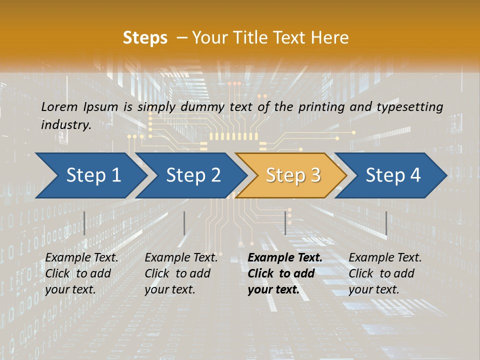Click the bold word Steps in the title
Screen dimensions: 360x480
pos(145,38)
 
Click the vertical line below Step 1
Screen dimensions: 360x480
pos(84,223)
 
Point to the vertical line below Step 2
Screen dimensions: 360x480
pos(184,223)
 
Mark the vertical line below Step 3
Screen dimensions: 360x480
pos(285,223)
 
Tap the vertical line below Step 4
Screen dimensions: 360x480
pos(386,223)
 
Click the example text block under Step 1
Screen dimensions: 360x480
pos(81,273)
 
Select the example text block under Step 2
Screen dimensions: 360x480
pos(181,273)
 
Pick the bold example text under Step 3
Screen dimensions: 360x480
pos(285,273)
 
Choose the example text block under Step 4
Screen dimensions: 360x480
pos(385,273)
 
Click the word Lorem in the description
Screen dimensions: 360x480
pos(59,106)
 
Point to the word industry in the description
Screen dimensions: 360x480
pos(66,125)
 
